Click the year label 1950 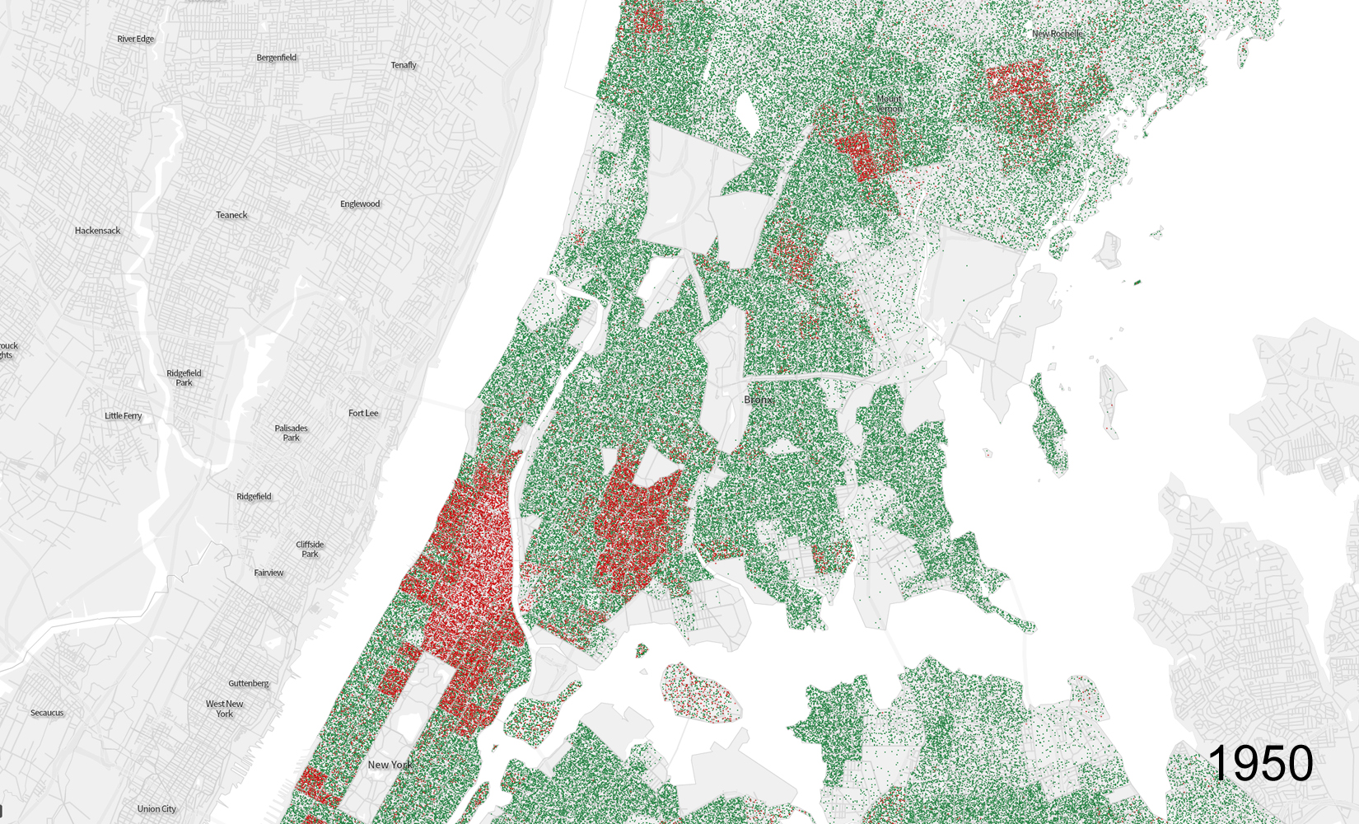coord(1260,764)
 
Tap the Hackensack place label coord(97,231)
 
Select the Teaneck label coord(231,215)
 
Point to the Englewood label coord(360,204)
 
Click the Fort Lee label coord(363,413)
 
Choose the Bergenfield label coord(276,58)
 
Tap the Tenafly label coord(404,65)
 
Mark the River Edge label coord(135,39)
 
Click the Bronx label coord(758,400)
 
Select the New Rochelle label coord(1057,34)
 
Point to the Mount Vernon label coord(889,104)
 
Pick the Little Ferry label coord(123,416)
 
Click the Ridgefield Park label coord(184,377)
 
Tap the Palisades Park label coord(291,433)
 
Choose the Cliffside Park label coord(310,549)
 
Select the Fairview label coord(269,573)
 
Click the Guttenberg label coord(249,683)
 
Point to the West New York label coord(224,709)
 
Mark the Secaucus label coord(47,713)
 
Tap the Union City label coord(156,809)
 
